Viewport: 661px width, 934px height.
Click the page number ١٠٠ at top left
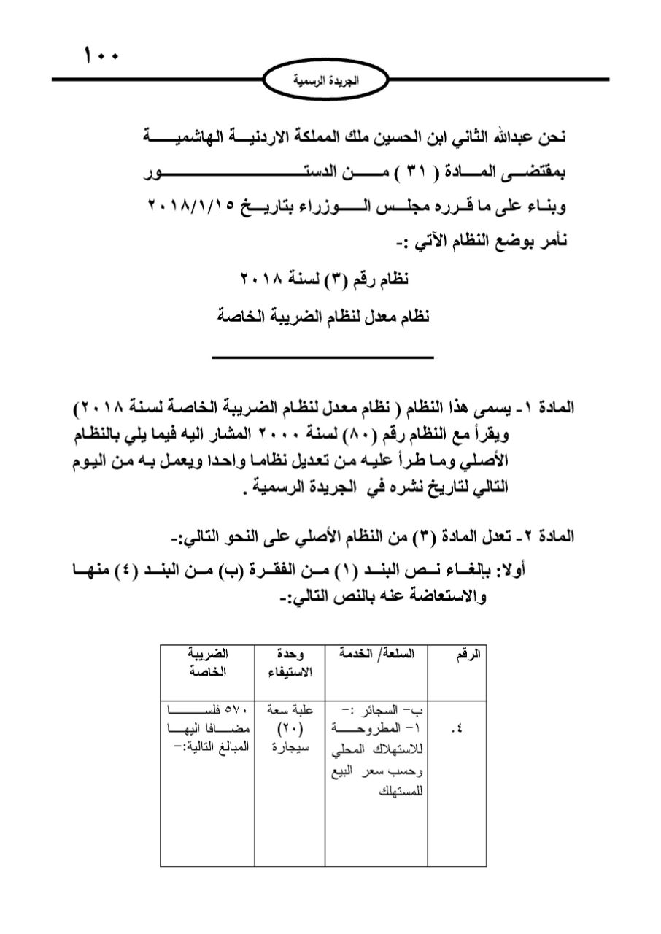click(101, 55)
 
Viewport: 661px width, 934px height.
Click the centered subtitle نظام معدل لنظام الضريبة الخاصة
click(325, 317)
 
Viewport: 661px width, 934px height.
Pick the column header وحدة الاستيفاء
click(290, 663)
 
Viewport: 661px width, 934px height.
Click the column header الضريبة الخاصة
click(208, 663)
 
